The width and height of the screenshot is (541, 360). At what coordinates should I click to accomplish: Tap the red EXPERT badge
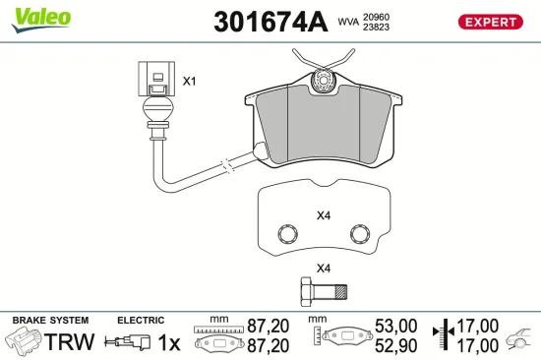click(x=489, y=21)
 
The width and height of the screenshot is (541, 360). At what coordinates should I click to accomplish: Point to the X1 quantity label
click(x=190, y=82)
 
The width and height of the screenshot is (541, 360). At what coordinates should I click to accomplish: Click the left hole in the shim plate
click(x=288, y=234)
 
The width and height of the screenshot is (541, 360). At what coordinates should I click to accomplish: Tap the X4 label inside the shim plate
click(x=324, y=214)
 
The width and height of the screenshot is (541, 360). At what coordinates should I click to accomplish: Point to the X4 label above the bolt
click(x=323, y=267)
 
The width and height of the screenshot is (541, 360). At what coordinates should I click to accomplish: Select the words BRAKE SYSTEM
click(x=49, y=321)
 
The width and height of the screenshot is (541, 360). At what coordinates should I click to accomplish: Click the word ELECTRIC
click(x=140, y=321)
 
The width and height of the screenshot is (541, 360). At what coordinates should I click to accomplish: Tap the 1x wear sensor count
click(x=169, y=342)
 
